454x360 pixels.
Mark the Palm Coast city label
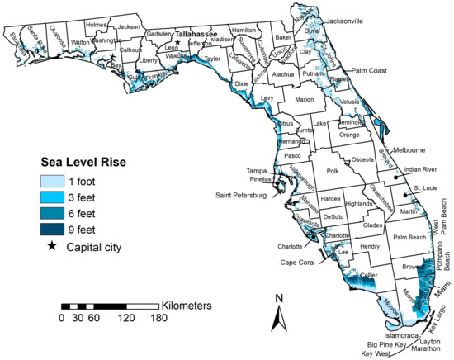point(374,71)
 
